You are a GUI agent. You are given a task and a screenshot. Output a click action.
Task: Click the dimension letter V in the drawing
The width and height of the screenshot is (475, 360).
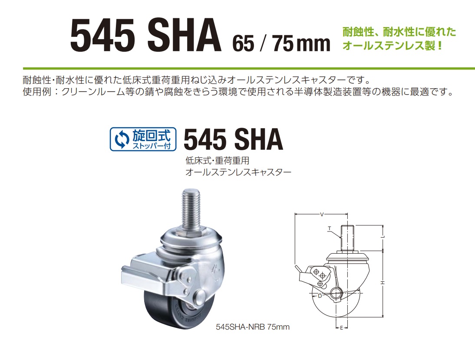tap(322, 215)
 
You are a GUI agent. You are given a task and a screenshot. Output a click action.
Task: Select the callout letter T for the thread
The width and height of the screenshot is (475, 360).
tap(329, 229)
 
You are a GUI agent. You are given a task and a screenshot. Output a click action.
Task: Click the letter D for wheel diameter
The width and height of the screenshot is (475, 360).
tap(320, 296)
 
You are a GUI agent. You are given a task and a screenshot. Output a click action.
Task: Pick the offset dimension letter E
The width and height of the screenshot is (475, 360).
tap(341, 328)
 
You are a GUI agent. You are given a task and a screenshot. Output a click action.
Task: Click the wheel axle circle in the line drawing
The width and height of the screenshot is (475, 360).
tap(336, 294)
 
